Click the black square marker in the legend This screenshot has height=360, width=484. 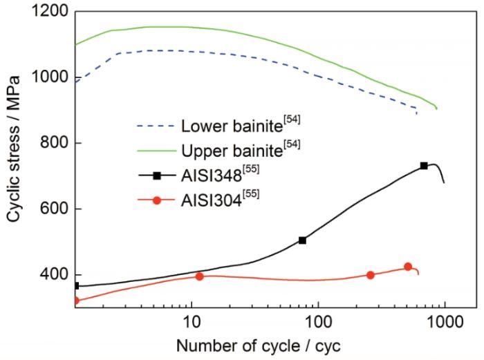point(157,176)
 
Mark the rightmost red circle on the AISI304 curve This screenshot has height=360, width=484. point(408,267)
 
